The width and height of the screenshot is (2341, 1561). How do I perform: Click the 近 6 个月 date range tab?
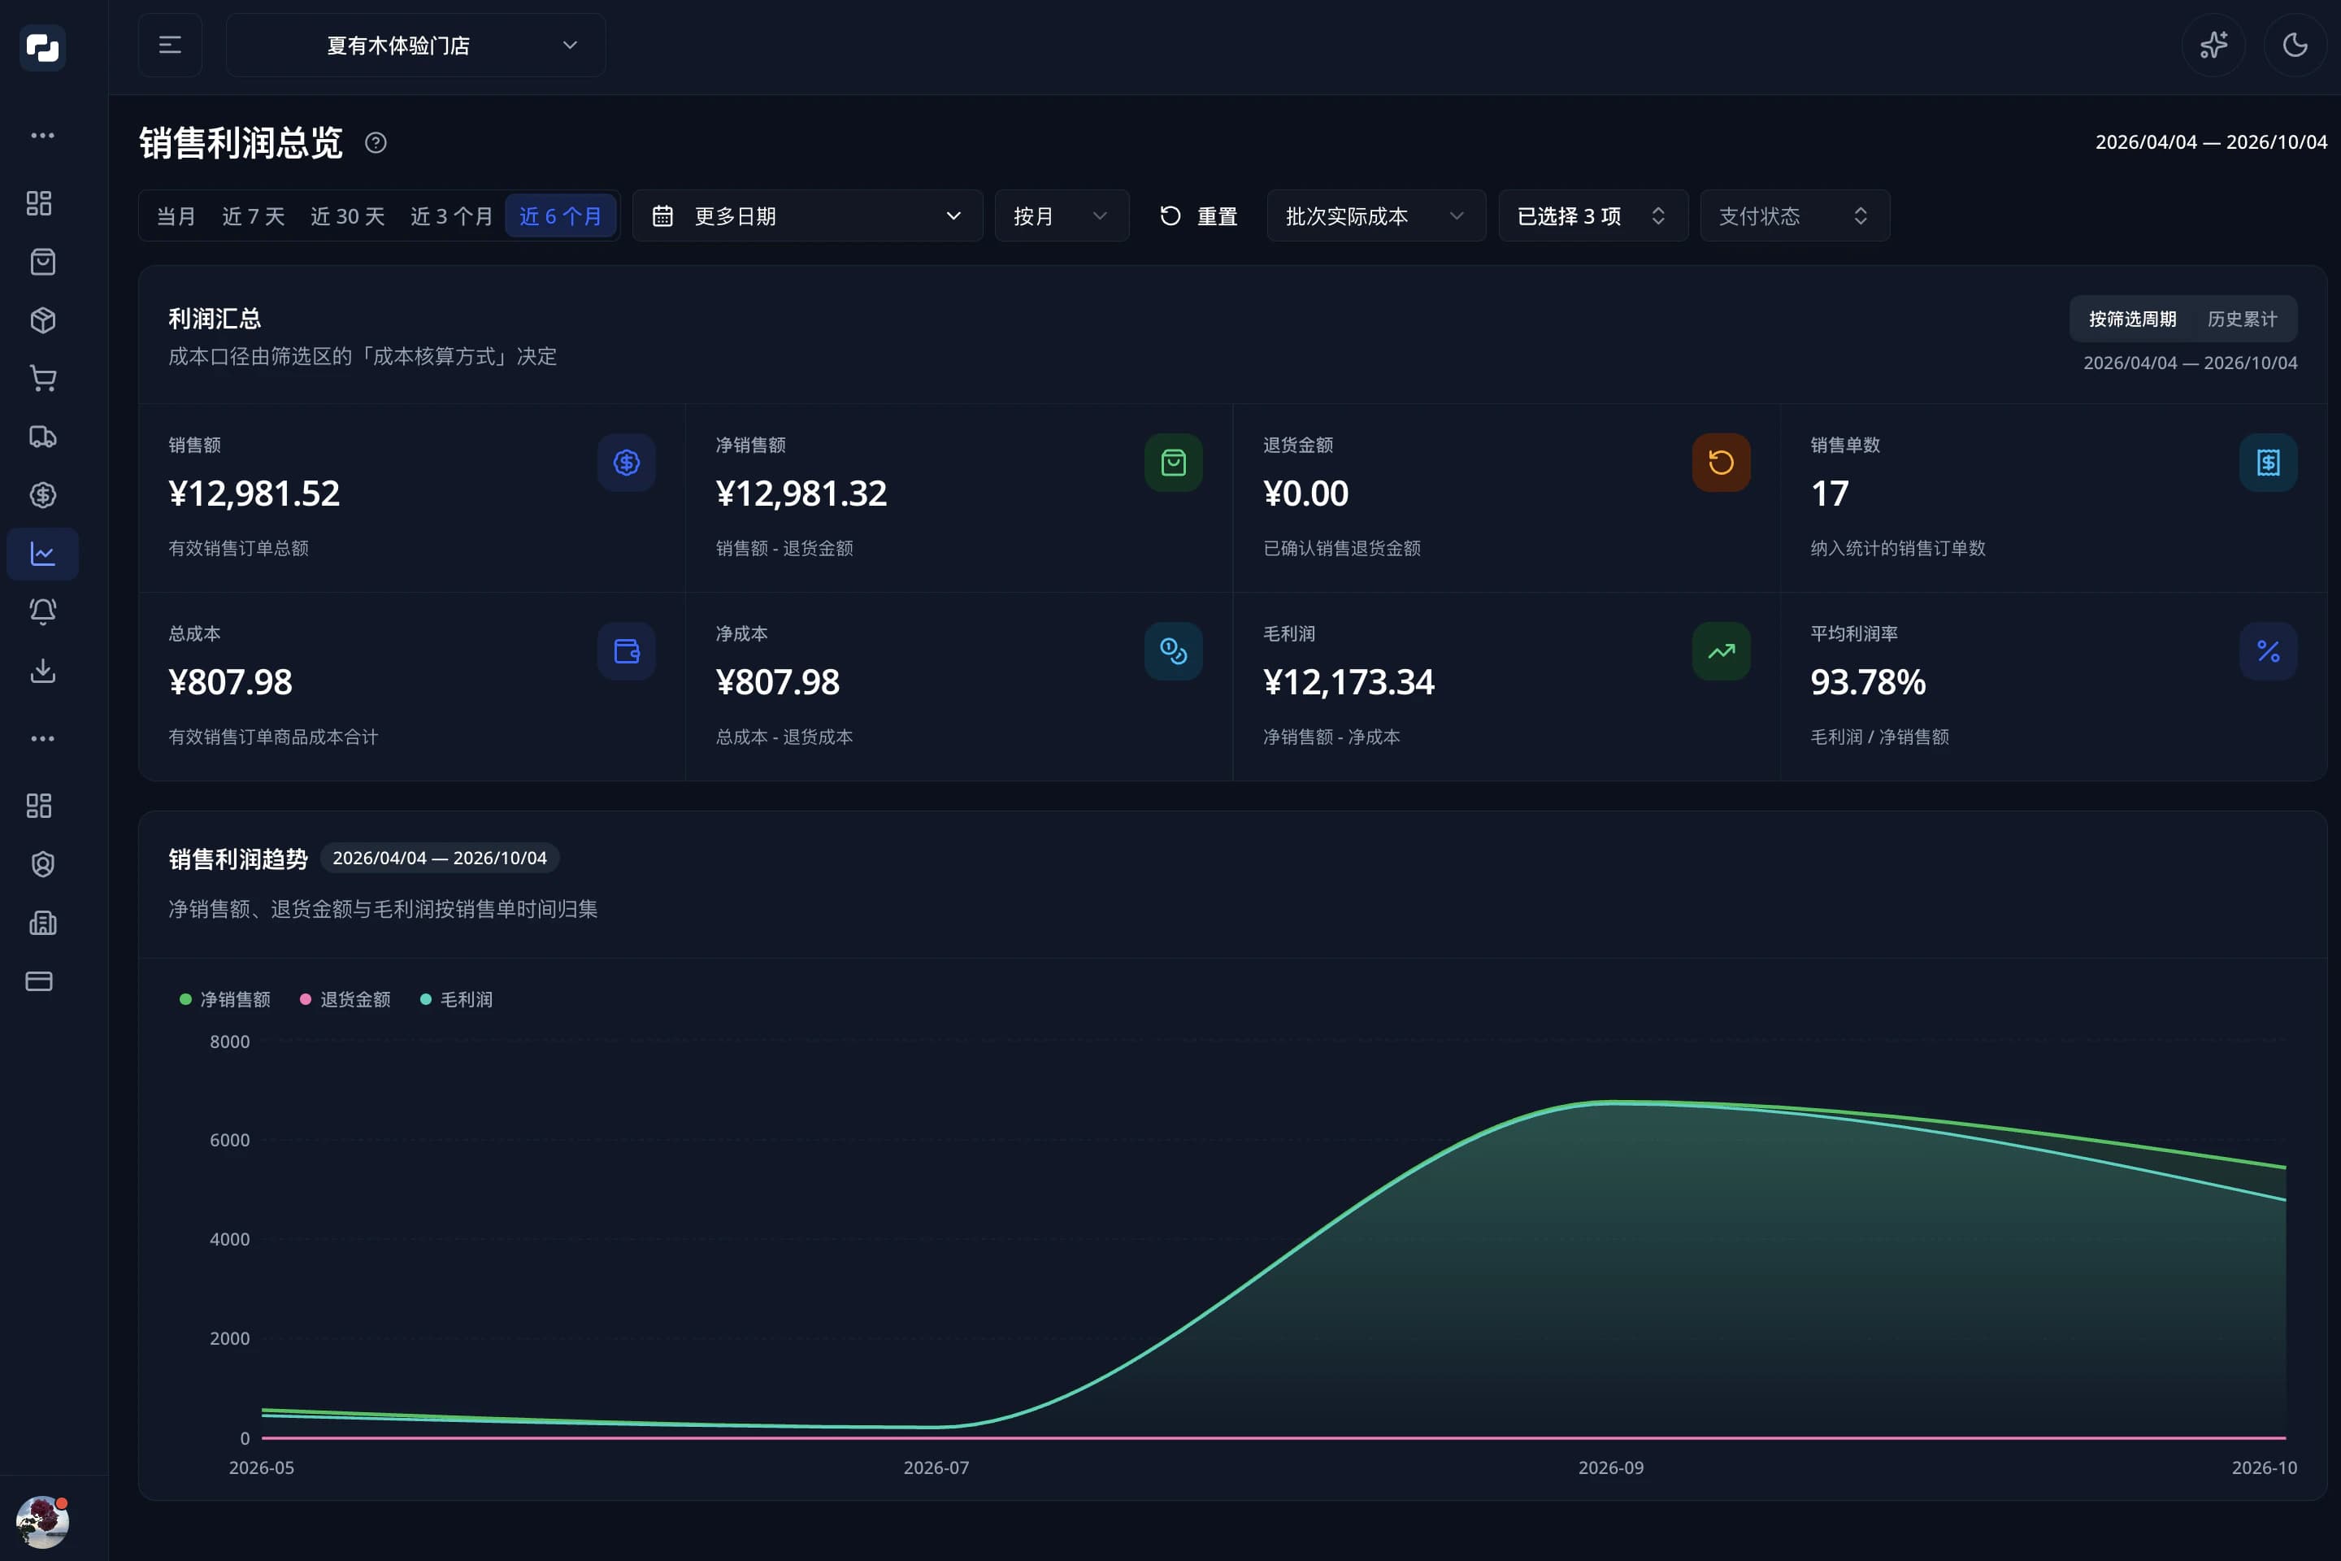(x=560, y=216)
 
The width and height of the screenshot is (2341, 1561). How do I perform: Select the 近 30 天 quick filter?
(x=347, y=216)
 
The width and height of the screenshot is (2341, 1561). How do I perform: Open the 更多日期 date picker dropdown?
(x=807, y=216)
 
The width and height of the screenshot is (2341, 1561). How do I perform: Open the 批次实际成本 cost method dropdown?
(x=1375, y=216)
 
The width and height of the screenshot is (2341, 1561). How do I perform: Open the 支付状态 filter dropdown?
(x=1795, y=216)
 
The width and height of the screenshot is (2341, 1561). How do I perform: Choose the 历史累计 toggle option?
(x=2242, y=319)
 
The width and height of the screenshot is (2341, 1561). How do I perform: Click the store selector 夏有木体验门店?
(x=416, y=46)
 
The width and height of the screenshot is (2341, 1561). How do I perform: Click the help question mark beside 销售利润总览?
(x=376, y=143)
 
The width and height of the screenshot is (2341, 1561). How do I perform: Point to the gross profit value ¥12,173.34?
(x=1349, y=682)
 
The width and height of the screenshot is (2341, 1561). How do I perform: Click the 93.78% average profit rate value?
(x=1867, y=682)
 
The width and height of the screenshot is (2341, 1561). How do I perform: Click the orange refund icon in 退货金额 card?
(x=1721, y=462)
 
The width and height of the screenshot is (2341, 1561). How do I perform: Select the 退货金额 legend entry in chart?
(x=345, y=998)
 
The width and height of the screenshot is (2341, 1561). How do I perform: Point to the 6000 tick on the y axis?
(x=230, y=1140)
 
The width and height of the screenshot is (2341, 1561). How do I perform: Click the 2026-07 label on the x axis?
(x=936, y=1468)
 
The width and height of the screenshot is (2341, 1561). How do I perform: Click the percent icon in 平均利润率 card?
(x=2267, y=651)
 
